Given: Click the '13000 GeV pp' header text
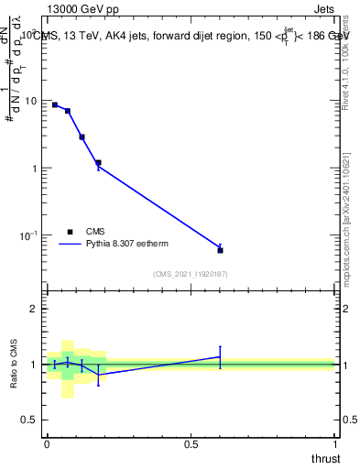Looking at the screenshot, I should click(x=82, y=9).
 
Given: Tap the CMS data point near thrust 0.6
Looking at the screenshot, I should click(x=220, y=249).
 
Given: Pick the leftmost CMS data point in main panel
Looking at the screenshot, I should click(x=55, y=105).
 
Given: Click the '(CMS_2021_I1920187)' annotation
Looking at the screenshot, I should click(x=190, y=273).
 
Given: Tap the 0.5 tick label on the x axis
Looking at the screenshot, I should click(x=191, y=444).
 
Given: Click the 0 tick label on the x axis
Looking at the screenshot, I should click(x=47, y=444).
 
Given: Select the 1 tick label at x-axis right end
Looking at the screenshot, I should click(x=335, y=444).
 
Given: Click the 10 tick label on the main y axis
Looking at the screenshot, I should click(x=31, y=101).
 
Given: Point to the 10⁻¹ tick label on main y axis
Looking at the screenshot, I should click(x=29, y=236).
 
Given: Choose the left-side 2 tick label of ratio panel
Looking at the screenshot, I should click(x=35, y=310).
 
